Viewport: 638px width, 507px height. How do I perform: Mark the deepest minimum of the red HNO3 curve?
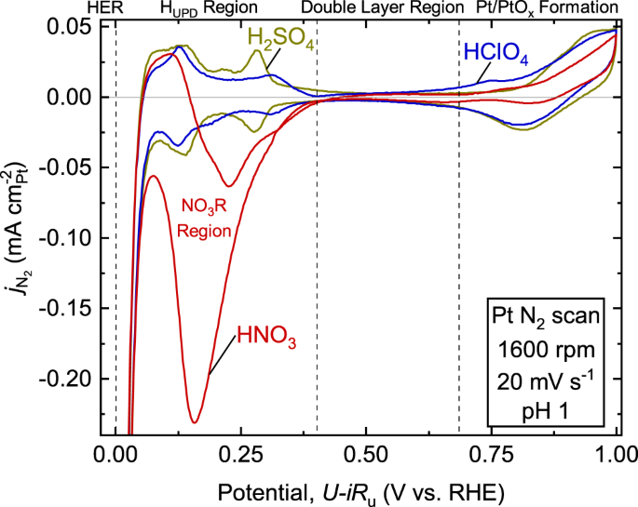[194, 422]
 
